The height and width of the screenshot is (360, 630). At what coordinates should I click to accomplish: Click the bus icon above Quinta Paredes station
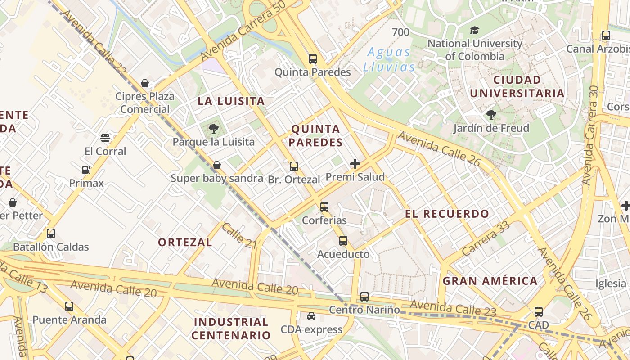pyautogui.click(x=312, y=58)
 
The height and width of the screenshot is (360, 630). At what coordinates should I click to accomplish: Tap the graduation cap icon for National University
pyautogui.click(x=474, y=31)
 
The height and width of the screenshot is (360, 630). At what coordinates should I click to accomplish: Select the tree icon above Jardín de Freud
pyautogui.click(x=491, y=115)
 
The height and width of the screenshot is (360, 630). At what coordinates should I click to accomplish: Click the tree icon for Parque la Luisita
pyautogui.click(x=214, y=129)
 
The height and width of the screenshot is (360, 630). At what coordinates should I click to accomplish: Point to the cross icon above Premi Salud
pyautogui.click(x=355, y=163)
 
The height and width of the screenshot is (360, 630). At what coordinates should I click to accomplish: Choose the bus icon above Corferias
pyautogui.click(x=324, y=207)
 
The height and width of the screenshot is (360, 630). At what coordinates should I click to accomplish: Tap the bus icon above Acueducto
pyautogui.click(x=343, y=241)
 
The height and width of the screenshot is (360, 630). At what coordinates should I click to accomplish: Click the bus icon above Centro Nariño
pyautogui.click(x=364, y=297)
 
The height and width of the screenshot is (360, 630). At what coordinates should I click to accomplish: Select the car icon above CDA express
pyautogui.click(x=311, y=316)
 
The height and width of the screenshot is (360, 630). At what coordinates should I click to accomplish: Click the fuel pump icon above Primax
pyautogui.click(x=86, y=170)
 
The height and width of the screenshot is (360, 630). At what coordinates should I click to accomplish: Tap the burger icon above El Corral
pyautogui.click(x=105, y=138)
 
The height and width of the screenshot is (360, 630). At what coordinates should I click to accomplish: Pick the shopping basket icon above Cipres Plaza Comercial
pyautogui.click(x=145, y=83)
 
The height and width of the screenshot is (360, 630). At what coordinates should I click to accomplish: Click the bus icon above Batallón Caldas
pyautogui.click(x=51, y=234)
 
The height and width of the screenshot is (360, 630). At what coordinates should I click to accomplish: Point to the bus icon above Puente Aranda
pyautogui.click(x=69, y=306)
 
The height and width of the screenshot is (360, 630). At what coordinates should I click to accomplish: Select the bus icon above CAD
pyautogui.click(x=539, y=311)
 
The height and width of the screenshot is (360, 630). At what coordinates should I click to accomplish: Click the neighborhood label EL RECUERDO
pyautogui.click(x=447, y=214)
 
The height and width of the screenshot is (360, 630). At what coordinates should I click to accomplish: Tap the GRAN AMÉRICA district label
pyautogui.click(x=490, y=281)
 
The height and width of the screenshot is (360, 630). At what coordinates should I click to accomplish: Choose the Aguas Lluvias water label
pyautogui.click(x=389, y=59)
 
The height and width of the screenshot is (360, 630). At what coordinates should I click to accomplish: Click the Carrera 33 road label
pyautogui.click(x=486, y=238)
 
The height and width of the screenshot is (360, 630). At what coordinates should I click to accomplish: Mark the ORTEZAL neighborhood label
pyautogui.click(x=185, y=242)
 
